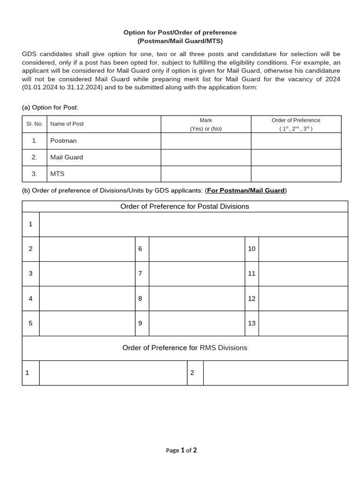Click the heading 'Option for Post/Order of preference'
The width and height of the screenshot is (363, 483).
point(180,33)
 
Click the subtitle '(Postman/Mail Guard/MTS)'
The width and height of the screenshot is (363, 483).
point(180,41)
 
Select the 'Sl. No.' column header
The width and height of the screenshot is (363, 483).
point(35,124)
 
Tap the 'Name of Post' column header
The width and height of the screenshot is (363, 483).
point(67,124)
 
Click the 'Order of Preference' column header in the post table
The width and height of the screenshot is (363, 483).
point(296,124)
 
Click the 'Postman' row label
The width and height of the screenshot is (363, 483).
point(63,141)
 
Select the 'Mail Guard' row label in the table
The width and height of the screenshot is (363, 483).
point(67,157)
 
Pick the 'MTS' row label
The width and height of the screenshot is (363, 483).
point(57,174)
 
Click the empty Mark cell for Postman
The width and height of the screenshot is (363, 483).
point(206,141)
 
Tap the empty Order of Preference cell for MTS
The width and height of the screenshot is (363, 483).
point(296,174)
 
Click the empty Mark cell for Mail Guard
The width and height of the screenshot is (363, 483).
point(206,157)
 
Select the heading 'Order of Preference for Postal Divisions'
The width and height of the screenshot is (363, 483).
point(185,207)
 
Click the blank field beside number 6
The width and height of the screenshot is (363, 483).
point(197,249)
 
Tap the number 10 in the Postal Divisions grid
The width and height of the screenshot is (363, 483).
point(251,249)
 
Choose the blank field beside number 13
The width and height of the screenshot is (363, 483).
point(303,323)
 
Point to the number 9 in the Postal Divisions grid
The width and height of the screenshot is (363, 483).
point(140,323)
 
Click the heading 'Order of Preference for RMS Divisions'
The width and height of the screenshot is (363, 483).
point(185,348)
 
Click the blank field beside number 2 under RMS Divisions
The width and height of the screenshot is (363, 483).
point(275,373)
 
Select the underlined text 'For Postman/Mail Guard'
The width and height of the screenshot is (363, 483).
point(246,191)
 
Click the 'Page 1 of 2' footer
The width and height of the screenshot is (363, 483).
point(181,450)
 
